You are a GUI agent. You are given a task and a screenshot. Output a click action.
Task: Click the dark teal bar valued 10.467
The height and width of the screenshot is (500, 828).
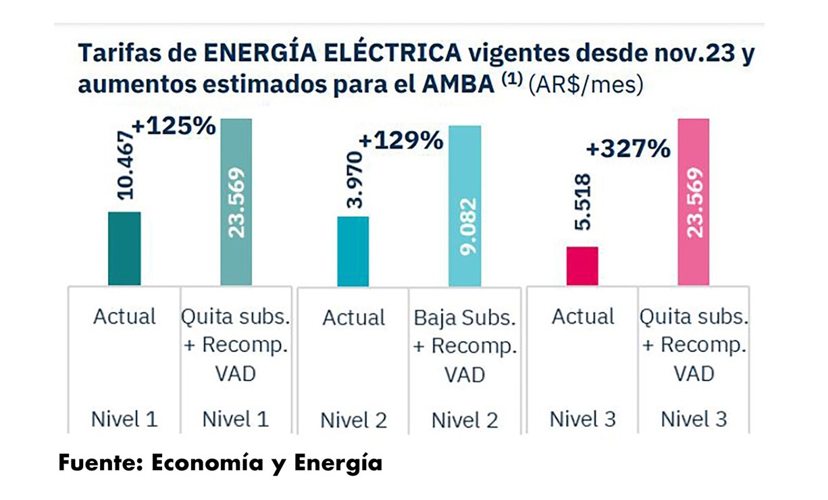(124, 248)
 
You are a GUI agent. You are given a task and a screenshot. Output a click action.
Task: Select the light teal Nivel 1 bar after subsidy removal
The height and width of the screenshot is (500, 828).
(236, 202)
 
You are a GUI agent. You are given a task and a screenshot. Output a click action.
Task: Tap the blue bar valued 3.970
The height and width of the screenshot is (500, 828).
(353, 251)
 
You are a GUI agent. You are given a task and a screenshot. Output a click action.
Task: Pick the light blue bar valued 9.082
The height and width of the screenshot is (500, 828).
(465, 205)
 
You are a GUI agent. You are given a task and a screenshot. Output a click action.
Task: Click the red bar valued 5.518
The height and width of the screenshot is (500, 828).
(582, 266)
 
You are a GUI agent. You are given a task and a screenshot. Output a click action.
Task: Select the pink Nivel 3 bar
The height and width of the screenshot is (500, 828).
(694, 202)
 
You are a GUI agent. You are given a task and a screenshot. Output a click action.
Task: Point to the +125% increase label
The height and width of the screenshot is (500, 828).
(174, 126)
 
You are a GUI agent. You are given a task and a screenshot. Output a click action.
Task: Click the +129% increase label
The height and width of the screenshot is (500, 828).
(401, 141)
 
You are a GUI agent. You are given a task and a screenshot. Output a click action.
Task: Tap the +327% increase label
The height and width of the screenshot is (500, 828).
(628, 149)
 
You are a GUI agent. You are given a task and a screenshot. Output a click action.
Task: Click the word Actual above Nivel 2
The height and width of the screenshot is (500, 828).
(353, 318)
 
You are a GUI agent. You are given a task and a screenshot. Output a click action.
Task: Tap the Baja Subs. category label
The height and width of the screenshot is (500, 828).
(465, 318)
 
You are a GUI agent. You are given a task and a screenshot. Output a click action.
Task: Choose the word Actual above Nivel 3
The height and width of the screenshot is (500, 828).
(583, 317)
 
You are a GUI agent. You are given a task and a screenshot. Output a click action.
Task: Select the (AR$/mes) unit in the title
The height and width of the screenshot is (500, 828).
(586, 86)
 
